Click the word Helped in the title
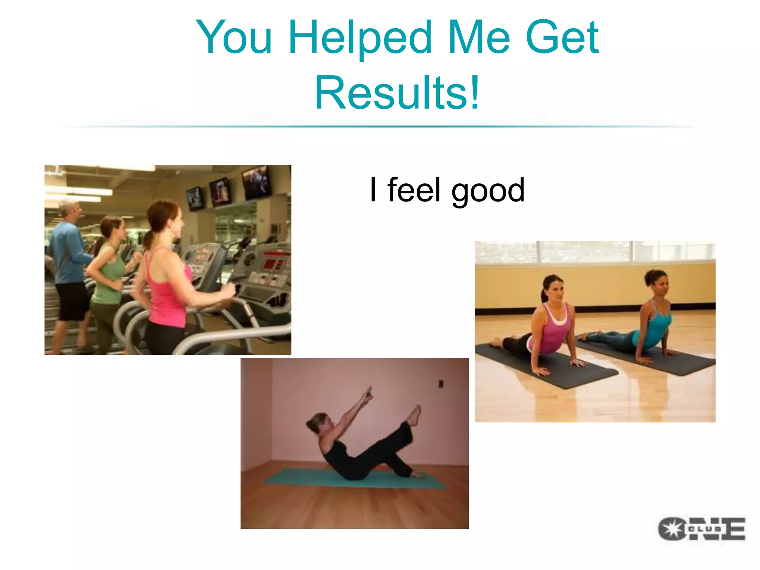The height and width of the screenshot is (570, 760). click(360, 37)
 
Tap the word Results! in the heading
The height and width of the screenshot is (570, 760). click(397, 93)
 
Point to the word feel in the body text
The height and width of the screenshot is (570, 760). click(414, 190)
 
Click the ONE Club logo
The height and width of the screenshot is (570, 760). click(701, 528)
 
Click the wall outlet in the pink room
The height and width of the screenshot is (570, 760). click(440, 383)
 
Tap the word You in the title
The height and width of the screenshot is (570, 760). click(234, 37)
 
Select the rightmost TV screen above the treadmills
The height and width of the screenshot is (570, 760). click(256, 182)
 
